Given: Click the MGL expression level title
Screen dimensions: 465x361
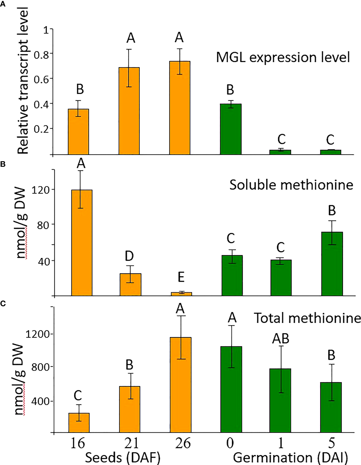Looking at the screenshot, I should click(283, 58).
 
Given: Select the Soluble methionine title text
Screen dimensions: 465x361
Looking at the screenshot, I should click(291, 185).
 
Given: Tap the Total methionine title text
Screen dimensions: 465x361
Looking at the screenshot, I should click(307, 318).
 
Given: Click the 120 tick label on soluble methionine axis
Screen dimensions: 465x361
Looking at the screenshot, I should click(41, 190).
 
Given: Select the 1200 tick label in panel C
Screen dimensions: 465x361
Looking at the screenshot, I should click(38, 334).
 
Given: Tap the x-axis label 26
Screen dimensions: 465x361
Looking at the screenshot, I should click(183, 443).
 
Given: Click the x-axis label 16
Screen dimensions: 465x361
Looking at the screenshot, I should click(78, 443).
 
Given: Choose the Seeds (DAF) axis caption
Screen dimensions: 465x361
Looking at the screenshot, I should click(123, 458).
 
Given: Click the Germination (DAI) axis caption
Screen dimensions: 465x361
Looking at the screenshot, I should click(290, 458).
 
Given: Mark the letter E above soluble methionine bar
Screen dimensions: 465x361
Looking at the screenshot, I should click(181, 277).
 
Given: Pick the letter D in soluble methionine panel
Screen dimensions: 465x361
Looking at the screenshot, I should click(129, 256).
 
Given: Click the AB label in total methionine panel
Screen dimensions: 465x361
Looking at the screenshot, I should click(280, 339).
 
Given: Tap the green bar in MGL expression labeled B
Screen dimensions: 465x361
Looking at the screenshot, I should click(231, 129).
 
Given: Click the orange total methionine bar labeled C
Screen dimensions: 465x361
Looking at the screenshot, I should click(79, 423).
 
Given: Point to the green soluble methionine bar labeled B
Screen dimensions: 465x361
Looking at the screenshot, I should click(332, 263).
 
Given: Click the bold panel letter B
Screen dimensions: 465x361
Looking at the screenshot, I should click(3, 164).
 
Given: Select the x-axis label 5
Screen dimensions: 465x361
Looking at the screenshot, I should click(331, 443).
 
